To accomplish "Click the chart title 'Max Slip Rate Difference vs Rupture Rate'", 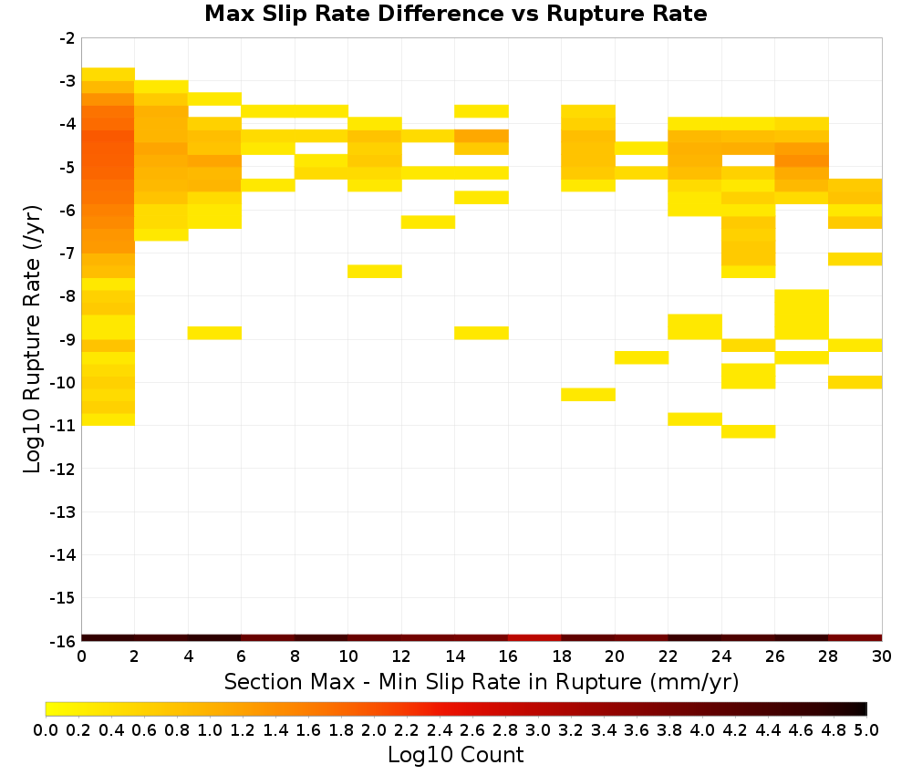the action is (455, 14).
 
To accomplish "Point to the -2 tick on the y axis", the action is (67, 38).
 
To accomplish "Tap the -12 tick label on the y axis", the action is (64, 469).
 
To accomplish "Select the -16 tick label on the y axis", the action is (64, 641).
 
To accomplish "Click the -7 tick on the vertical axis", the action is (67, 253).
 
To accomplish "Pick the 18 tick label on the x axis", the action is (561, 656).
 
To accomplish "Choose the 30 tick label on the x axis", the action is (882, 656).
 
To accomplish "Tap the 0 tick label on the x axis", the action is (81, 656).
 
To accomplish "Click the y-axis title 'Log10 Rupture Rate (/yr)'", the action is (33, 339).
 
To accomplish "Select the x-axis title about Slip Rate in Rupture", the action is (482, 681).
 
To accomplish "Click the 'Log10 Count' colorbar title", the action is (455, 755).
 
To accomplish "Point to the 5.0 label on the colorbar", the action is (866, 729).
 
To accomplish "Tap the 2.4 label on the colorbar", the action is (440, 729).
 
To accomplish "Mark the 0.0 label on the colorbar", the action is (46, 729).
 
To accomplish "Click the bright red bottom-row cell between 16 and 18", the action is (534, 638).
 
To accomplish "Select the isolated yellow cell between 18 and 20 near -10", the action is (588, 394).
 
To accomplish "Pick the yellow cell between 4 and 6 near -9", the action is (214, 333).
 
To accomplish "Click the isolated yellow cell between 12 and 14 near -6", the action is (428, 222).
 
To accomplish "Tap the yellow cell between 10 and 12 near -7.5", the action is (375, 272).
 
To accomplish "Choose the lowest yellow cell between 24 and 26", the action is (748, 431).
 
